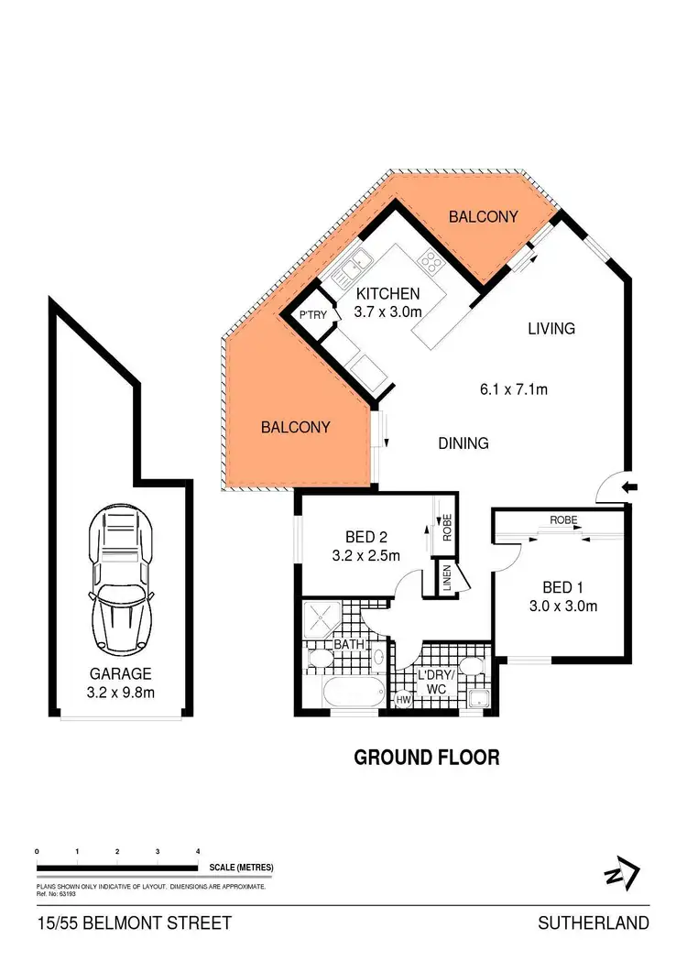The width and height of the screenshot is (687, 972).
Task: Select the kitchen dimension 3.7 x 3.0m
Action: click(387, 311)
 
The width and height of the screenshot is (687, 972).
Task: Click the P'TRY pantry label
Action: click(313, 316)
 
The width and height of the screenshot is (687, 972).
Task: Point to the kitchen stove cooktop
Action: click(430, 264)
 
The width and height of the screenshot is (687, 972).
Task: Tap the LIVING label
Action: click(551, 328)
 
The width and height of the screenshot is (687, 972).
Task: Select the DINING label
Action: click(463, 443)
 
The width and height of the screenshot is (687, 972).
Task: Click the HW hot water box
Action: click(403, 701)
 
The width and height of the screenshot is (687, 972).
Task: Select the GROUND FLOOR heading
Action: click(426, 758)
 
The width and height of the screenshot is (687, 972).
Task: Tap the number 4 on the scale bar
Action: click(198, 852)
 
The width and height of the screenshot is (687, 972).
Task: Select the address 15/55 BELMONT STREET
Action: click(135, 923)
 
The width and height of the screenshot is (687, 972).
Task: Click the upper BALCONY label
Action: click(483, 217)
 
